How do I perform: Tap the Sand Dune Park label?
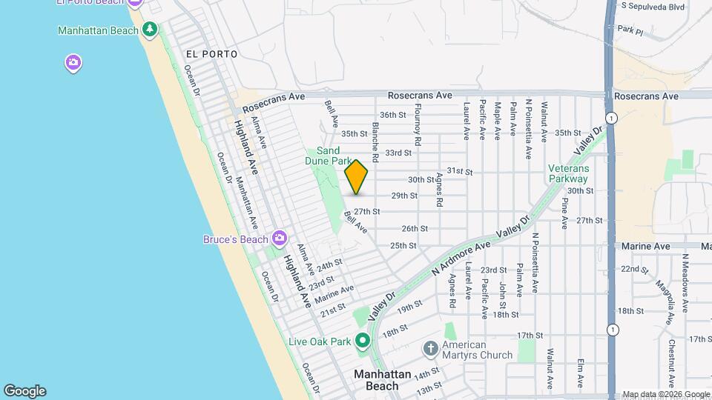pyautogui.click(x=329, y=156)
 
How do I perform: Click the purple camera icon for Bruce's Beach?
pyautogui.click(x=280, y=238)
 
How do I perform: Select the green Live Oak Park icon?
pyautogui.click(x=363, y=341)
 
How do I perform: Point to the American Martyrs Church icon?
pyautogui.click(x=430, y=349)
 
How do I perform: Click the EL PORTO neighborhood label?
pyautogui.click(x=212, y=54)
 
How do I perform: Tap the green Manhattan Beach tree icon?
pyautogui.click(x=151, y=30)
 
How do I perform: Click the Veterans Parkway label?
pyautogui.click(x=568, y=173)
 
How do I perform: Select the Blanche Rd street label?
pyautogui.click(x=376, y=142)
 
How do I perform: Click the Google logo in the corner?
pyautogui.click(x=24, y=390)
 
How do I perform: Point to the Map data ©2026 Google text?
pyautogui.click(x=666, y=394)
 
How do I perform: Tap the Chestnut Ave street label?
pyautogui.click(x=670, y=359)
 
